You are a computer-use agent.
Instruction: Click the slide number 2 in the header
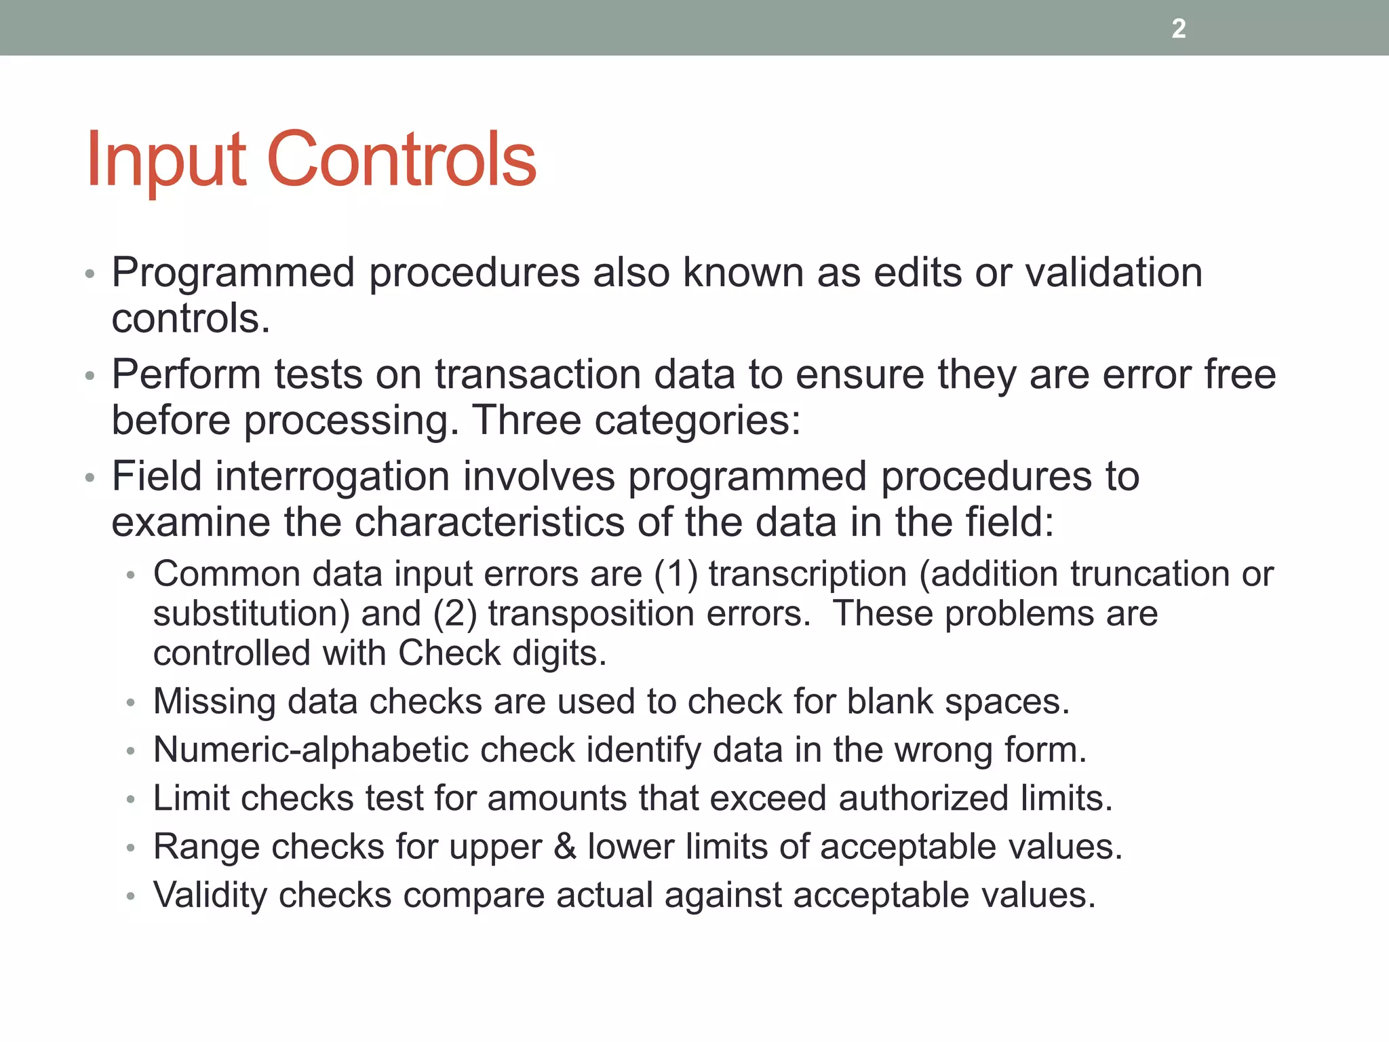[x=1179, y=28]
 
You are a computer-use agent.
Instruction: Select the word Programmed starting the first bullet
[x=233, y=273]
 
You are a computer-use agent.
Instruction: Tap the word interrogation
[x=332, y=476]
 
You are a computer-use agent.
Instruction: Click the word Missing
[x=214, y=701]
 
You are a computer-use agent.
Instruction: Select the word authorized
[x=924, y=798]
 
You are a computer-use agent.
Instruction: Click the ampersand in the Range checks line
[x=565, y=847]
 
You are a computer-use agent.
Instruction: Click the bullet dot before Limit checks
[x=131, y=800]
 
